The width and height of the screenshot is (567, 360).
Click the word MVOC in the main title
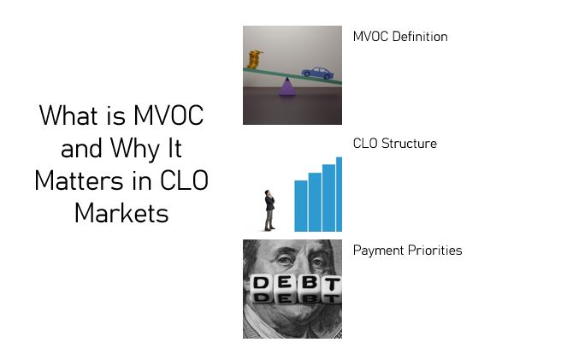point(168,115)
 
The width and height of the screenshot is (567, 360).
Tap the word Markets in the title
point(121,213)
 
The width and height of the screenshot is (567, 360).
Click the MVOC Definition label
point(400,37)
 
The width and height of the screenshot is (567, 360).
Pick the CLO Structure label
point(395,144)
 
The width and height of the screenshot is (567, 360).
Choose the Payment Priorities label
point(408,251)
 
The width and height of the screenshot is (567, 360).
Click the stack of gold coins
point(254,59)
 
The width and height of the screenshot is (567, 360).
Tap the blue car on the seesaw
point(317,73)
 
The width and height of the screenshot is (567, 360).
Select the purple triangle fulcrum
point(287,87)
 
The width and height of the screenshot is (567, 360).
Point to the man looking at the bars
point(269,210)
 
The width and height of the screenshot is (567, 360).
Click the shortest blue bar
point(301,206)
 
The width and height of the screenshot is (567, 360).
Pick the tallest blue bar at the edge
point(339,194)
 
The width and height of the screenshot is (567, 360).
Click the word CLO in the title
point(184,180)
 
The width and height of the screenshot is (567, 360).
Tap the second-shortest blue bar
point(315,202)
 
